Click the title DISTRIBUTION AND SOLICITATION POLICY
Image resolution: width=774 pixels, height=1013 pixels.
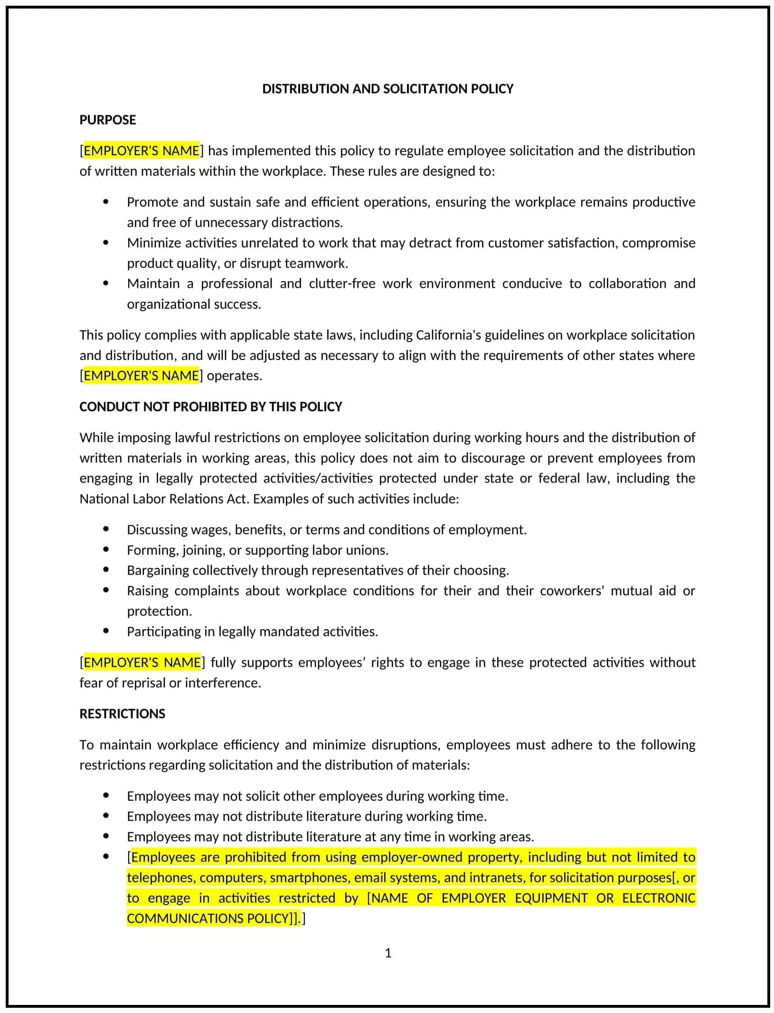387,89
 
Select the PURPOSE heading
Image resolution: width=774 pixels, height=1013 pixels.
107,120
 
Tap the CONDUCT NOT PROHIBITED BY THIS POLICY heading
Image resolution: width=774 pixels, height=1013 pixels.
210,407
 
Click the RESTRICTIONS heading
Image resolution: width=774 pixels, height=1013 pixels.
122,714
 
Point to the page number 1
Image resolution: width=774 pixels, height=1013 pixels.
388,953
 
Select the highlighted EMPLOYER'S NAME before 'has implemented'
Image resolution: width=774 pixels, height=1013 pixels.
142,151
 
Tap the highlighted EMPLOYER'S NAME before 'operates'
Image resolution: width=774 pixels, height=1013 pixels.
142,376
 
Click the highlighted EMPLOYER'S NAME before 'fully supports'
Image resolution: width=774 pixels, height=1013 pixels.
142,662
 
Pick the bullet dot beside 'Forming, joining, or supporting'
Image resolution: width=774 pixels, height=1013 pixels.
105,550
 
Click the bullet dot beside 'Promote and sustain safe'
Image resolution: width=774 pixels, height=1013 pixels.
105,202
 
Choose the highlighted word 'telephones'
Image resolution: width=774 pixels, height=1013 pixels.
160,877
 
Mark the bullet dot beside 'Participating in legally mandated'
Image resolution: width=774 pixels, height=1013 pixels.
105,631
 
